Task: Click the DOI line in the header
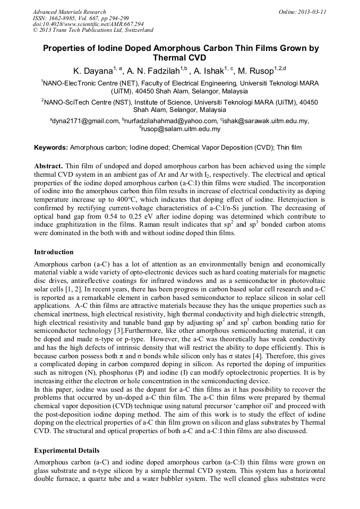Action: tap(88, 24)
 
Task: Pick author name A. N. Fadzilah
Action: tap(154, 70)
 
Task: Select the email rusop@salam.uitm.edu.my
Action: tap(181, 129)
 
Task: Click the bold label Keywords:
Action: tap(51, 147)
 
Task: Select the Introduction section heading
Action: tap(54, 252)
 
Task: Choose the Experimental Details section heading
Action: tap(66, 451)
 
